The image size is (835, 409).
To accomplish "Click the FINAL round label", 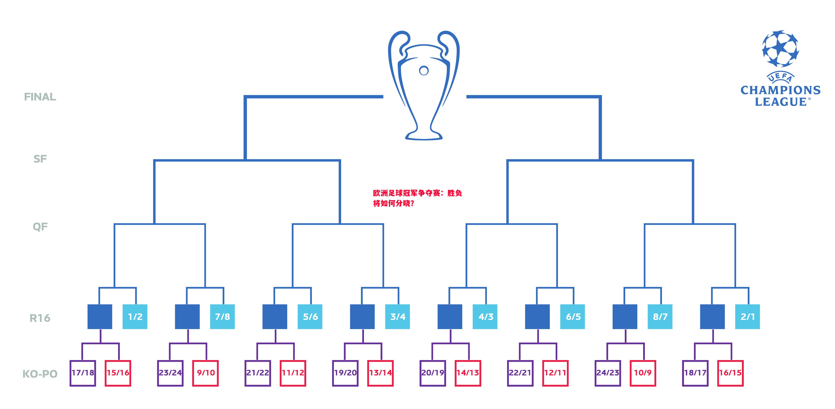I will pos(40,97).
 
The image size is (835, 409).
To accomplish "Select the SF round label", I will pos(40,159).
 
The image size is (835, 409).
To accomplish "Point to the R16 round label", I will pos(40,318).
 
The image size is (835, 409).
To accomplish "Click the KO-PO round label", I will pos(40,374).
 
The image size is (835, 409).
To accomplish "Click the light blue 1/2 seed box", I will pos(135,317).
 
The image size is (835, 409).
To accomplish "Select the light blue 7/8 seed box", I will pos(222,317).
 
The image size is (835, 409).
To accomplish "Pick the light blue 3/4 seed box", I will pos(397,317).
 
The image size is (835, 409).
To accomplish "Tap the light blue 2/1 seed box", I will pos(747,317).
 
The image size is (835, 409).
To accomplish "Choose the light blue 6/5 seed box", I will pos(573,317).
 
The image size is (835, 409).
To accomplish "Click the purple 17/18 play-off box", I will pos(83,373).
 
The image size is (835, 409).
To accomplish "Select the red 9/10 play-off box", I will pos(205,373).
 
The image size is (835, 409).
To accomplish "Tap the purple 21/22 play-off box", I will pos(258,373).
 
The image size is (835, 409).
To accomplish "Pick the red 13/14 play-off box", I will pos(380,373).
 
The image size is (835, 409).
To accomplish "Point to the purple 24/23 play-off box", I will pos(608,373).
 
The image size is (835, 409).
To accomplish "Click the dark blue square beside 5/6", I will pos(274,317).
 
